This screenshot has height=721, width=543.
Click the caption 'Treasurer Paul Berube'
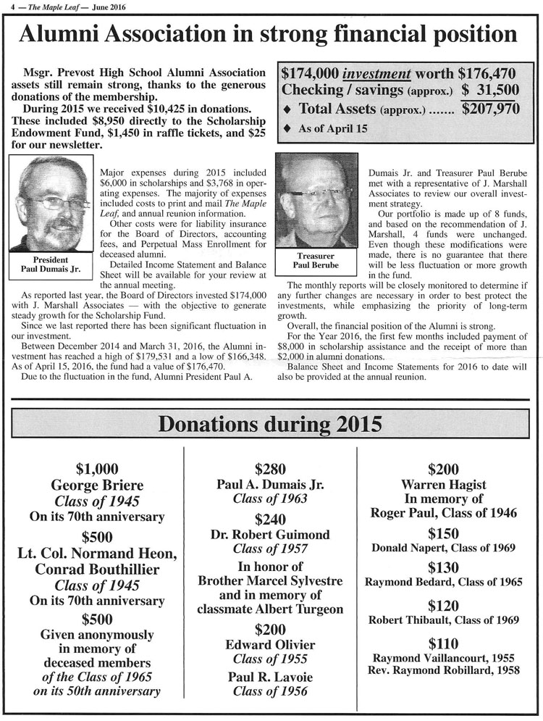click(316, 261)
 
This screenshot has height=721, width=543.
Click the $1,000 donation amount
click(96, 469)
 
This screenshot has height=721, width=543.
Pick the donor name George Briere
click(96, 485)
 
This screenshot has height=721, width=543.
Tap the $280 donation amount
click(270, 469)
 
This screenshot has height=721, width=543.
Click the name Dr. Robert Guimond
click(270, 535)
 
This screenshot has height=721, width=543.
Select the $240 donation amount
click(270, 518)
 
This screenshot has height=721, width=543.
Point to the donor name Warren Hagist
click(444, 484)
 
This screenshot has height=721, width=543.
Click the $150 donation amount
click(444, 533)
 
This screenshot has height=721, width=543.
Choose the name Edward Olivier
click(270, 645)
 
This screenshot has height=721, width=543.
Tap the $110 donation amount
click(444, 643)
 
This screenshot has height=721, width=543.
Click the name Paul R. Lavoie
click(270, 677)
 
